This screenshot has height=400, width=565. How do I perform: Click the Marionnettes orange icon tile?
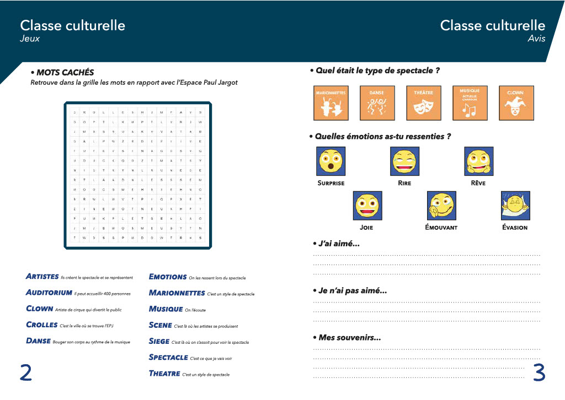(x=331, y=102)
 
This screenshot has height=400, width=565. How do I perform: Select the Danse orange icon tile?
(x=377, y=102)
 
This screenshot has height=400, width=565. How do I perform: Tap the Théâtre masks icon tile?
(x=423, y=102)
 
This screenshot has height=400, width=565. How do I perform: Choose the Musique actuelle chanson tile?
(x=470, y=102)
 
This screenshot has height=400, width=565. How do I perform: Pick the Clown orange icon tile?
(x=516, y=102)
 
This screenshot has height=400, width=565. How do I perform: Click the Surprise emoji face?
(x=331, y=161)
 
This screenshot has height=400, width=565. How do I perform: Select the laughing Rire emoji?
(x=405, y=161)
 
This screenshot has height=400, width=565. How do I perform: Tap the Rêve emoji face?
(x=478, y=161)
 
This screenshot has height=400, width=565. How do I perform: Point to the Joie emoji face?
(x=367, y=206)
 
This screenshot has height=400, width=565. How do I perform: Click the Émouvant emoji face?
(x=441, y=206)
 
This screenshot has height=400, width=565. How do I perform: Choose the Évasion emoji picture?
(x=515, y=206)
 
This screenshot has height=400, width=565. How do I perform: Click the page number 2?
(x=25, y=372)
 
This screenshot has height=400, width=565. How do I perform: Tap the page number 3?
(x=539, y=372)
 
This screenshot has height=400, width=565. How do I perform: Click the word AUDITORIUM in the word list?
(x=49, y=293)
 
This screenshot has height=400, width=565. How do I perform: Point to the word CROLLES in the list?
(x=42, y=325)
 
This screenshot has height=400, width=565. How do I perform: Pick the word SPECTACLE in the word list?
(x=168, y=358)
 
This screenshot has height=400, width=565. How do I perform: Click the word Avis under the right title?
(x=536, y=39)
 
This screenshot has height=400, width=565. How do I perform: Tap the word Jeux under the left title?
(x=30, y=39)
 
